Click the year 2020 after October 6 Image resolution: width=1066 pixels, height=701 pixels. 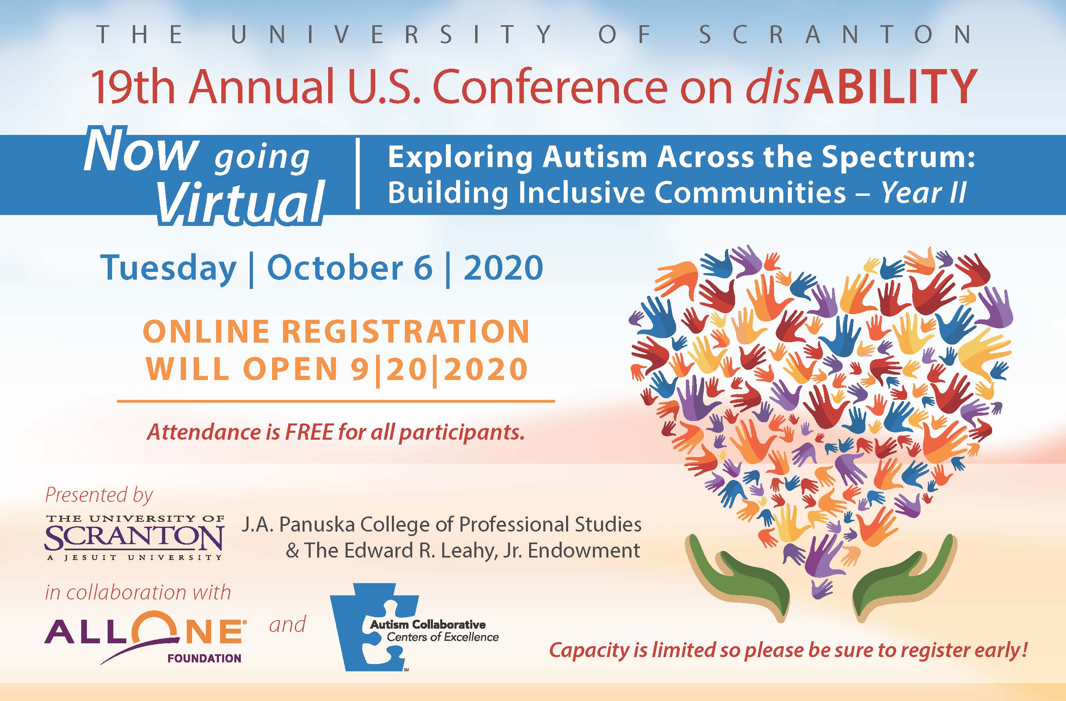pyautogui.click(x=503, y=268)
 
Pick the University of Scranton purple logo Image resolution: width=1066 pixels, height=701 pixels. pyautogui.click(x=134, y=537)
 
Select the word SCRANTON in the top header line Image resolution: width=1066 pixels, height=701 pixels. pyautogui.click(x=835, y=34)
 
